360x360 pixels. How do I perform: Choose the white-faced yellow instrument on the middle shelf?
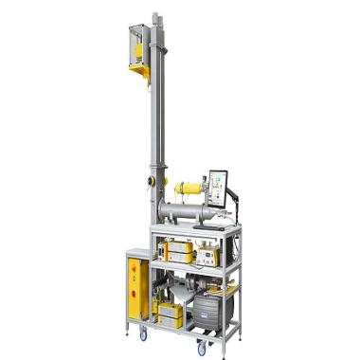click(x=205, y=254)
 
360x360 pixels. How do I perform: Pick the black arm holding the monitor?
click(x=235, y=194)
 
